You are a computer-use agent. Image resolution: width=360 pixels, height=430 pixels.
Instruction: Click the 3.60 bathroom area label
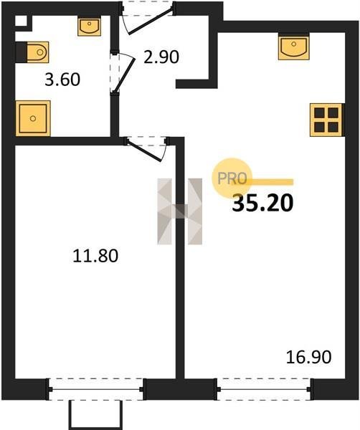point(62,80)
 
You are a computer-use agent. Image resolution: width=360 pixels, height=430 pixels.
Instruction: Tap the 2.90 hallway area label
point(161,57)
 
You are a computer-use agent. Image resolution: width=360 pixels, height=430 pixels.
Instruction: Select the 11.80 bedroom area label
point(95,256)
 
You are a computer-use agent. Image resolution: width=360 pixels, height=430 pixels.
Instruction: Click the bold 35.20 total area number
point(262,204)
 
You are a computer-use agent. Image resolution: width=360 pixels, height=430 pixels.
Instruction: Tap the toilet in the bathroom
point(37,52)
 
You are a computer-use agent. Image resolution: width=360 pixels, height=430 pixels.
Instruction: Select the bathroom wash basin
point(89,27)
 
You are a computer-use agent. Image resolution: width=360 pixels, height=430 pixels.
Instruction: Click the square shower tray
point(33,118)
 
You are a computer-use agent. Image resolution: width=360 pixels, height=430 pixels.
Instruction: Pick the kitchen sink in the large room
point(293,48)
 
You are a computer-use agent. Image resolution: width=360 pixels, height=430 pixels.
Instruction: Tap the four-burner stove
point(326,120)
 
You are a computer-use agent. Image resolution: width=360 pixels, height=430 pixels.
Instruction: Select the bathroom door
point(123,73)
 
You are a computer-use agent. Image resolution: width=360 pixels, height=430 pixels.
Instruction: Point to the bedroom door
point(146,149)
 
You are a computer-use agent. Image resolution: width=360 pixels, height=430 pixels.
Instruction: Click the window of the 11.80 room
point(96,389)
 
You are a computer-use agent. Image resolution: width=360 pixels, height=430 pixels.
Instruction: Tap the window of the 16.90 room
point(264,389)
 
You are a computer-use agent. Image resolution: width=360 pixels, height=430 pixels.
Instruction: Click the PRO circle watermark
point(232,178)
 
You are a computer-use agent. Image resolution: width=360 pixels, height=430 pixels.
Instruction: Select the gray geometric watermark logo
point(180,211)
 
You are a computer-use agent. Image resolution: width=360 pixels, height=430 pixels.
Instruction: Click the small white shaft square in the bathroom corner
point(21,21)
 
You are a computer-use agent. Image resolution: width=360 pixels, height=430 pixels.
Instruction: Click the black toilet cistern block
point(21,52)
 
